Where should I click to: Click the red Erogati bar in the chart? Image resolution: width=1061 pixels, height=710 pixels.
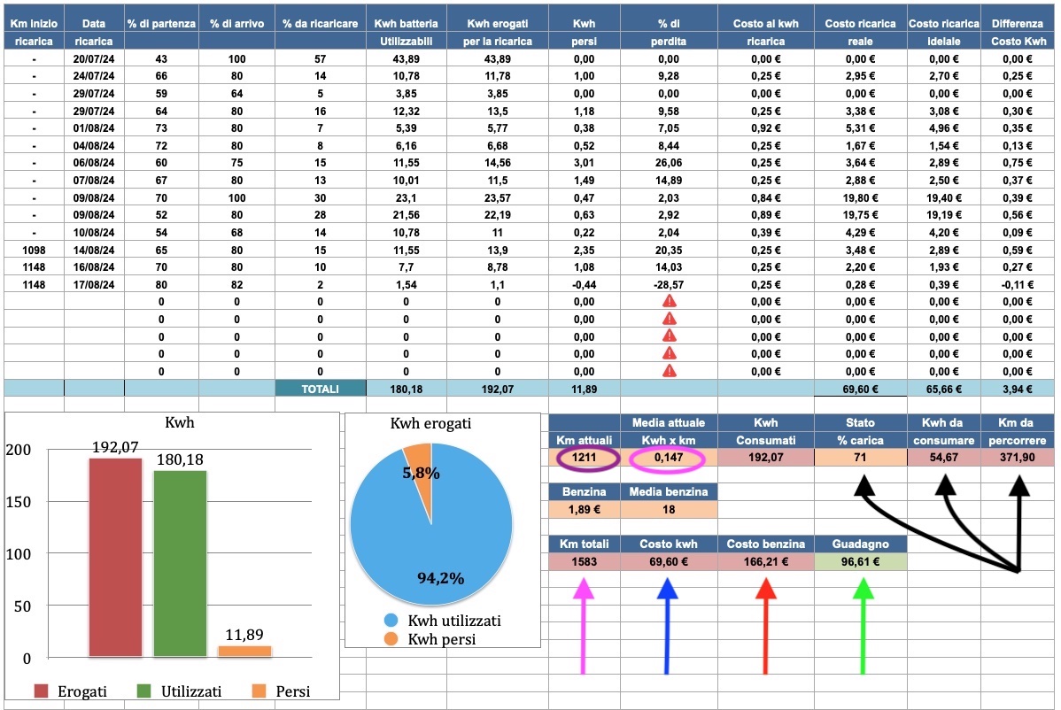click(115, 558)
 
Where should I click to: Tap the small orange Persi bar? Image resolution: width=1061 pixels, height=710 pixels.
click(244, 651)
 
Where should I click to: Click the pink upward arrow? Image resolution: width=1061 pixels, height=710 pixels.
click(583, 620)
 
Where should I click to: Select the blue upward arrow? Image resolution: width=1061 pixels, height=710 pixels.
click(669, 620)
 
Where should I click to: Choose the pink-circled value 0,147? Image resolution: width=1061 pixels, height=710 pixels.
click(668, 458)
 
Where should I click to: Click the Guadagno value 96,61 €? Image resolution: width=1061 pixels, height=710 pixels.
click(859, 561)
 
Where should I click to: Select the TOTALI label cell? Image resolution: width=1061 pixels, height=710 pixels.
click(320, 388)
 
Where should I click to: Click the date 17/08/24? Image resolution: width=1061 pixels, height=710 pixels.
click(93, 284)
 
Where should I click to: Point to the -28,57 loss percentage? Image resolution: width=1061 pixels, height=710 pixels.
click(669, 284)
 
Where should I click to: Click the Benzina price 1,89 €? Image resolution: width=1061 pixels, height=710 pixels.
click(583, 509)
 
